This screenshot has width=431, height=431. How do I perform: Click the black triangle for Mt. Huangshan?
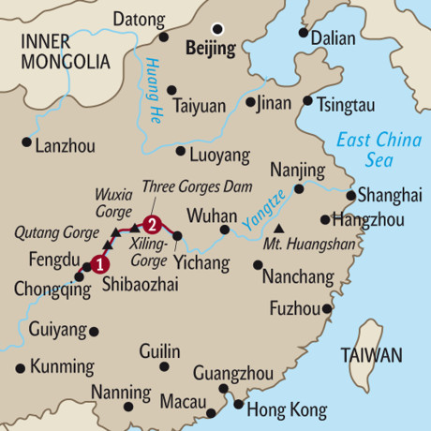(x=278, y=228)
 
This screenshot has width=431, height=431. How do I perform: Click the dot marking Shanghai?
(x=349, y=197)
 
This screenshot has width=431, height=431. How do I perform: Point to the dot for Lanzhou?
(x=25, y=142)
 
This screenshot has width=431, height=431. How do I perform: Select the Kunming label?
(x=63, y=365)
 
